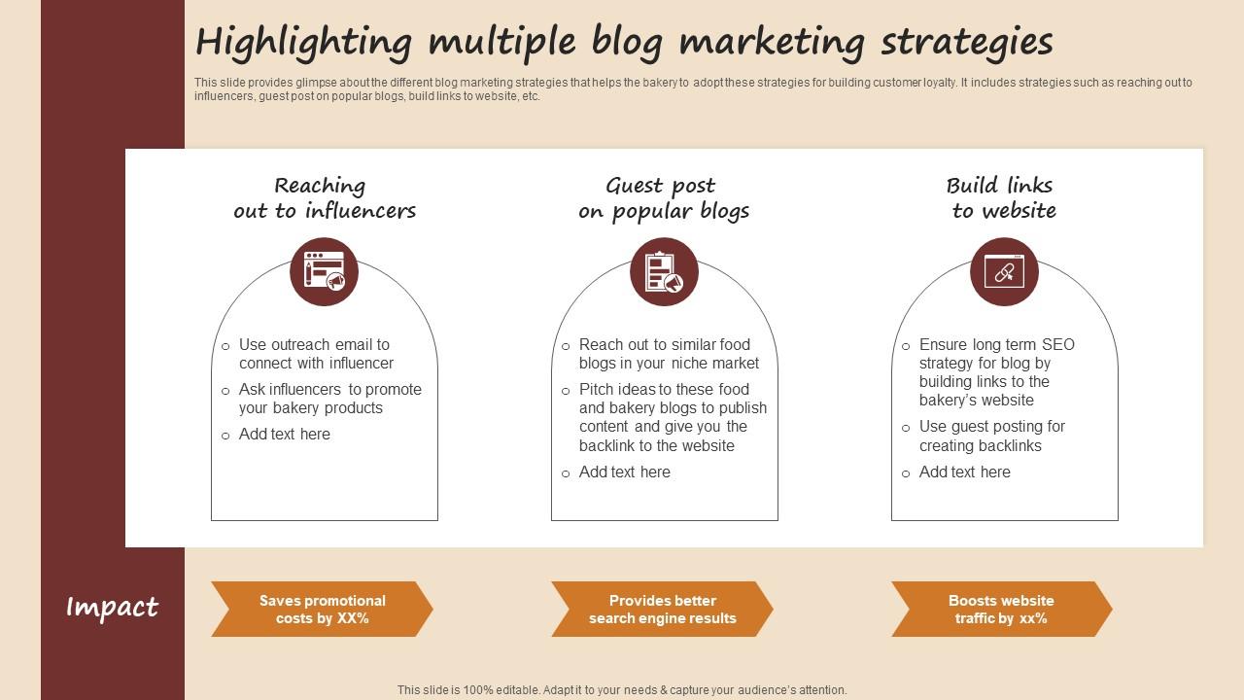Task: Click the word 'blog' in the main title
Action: [627, 43]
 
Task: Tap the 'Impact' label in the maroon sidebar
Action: [112, 607]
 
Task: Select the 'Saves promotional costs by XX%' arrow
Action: [322, 609]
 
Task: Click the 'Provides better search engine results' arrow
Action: [662, 609]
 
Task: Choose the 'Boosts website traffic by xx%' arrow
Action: [1002, 609]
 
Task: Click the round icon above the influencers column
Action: [324, 271]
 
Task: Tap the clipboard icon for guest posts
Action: [664, 271]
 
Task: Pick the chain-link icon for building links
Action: [1004, 271]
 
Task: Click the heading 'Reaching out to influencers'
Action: [325, 198]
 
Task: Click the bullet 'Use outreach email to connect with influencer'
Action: [316, 354]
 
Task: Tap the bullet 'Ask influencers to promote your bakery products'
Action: [329, 399]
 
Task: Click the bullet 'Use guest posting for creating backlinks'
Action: [992, 437]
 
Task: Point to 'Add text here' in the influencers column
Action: [285, 434]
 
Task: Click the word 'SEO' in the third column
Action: [1058, 344]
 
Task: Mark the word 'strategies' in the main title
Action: [967, 43]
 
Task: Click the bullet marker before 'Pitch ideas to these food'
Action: [566, 391]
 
